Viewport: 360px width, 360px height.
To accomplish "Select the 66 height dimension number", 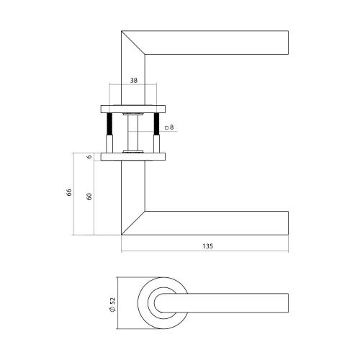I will pyautogui.click(x=69, y=193).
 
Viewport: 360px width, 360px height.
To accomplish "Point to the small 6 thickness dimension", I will pyautogui.click(x=89, y=156).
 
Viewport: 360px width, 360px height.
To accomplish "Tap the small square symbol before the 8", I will pyautogui.click(x=166, y=128).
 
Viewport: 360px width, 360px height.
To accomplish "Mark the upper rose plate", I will pyautogui.click(x=132, y=109).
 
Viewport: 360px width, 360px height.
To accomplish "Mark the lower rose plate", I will pyautogui.click(x=132, y=156).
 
